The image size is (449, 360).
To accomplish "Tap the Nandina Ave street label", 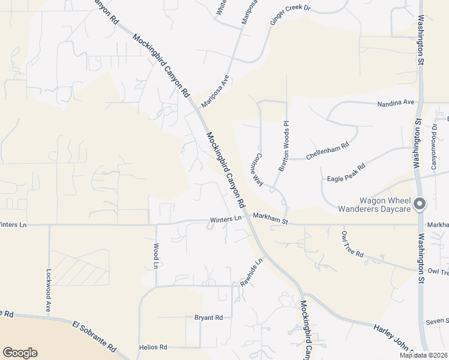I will [396, 103].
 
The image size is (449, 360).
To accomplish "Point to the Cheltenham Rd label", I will [327, 150].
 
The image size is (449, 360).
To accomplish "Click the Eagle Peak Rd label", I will [346, 173].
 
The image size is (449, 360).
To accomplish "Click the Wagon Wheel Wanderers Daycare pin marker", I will [420, 204].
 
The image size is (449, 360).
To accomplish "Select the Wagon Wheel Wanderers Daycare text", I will [385, 205].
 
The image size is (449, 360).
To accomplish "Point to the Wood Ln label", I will [155, 256].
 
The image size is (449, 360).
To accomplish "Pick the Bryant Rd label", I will [208, 317].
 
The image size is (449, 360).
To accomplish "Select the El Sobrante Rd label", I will [94, 337].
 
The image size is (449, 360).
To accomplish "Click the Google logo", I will [20, 353].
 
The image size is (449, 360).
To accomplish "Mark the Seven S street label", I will [438, 322].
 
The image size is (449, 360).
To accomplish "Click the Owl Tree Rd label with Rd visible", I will [352, 245].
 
